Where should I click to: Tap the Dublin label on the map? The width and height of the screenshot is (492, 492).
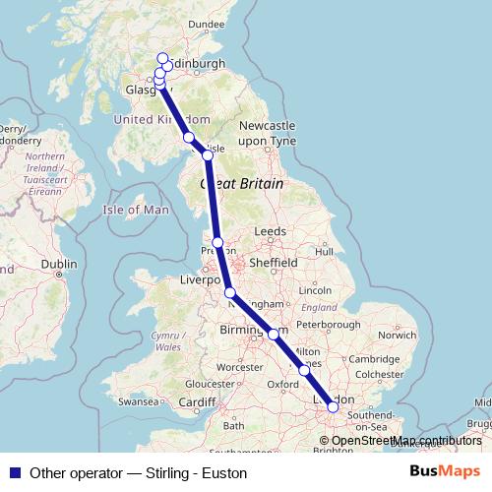tap(59, 264)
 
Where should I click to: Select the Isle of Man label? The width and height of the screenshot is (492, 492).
tap(136, 210)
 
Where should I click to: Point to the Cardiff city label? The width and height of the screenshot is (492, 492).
tap(197, 402)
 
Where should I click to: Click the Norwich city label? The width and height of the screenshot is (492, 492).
tap(397, 335)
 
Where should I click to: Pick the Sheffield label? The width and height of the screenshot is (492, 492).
tap(274, 264)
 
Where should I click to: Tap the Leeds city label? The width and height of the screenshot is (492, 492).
tap(270, 231)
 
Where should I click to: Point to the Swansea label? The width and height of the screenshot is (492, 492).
tap(138, 402)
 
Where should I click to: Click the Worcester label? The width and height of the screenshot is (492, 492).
tap(240, 367)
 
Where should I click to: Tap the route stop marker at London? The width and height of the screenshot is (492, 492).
tap(333, 405)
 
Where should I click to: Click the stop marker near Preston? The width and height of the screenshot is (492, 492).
tap(217, 242)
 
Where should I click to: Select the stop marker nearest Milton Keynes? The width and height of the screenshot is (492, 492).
tap(304, 370)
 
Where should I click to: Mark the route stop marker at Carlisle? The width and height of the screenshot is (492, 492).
tap(208, 155)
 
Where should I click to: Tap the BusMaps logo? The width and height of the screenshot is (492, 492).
tap(445, 472)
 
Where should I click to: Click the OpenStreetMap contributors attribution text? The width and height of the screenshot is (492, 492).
tap(406, 441)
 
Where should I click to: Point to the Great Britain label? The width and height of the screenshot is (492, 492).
tap(242, 184)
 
